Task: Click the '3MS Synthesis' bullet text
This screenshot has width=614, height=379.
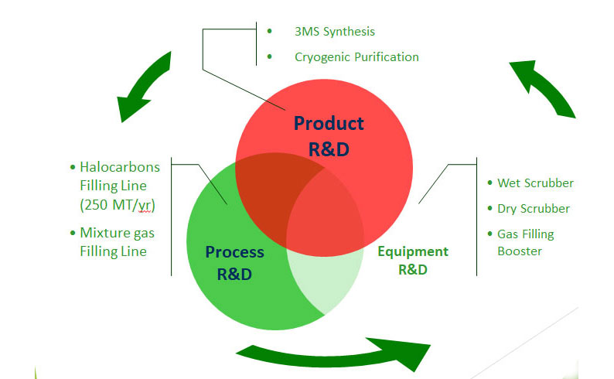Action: click(334, 32)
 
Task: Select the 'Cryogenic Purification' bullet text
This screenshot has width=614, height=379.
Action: click(356, 56)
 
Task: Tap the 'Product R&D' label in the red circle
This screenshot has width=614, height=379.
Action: click(329, 135)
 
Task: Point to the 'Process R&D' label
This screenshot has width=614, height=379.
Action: click(234, 261)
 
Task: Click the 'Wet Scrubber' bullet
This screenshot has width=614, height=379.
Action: click(535, 183)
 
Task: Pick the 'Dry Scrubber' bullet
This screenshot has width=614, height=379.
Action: click(533, 209)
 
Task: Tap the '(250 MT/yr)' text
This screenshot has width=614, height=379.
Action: click(114, 207)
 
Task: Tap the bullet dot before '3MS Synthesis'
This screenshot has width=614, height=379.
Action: click(269, 31)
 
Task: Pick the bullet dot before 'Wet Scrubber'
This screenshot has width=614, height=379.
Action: click(490, 183)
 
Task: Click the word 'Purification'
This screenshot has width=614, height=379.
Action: click(384, 56)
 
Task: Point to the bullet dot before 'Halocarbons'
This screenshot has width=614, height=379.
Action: click(73, 167)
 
